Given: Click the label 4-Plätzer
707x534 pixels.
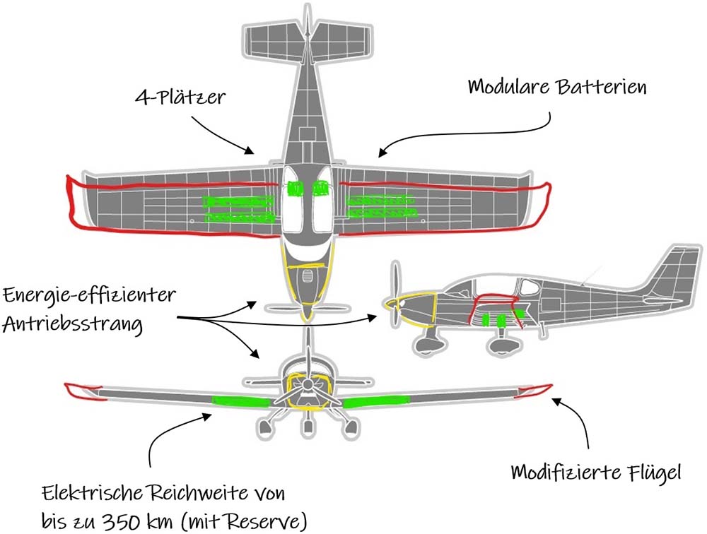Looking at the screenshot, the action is click(x=180, y=97).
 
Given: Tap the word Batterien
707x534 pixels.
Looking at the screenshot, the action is click(x=602, y=86).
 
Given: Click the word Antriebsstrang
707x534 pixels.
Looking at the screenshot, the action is click(x=73, y=324).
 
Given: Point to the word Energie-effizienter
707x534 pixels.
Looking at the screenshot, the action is click(x=89, y=296).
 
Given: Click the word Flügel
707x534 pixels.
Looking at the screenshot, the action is click(x=653, y=473).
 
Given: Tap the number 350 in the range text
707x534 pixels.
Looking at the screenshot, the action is click(x=122, y=521).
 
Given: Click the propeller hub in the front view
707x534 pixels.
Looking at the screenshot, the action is click(x=308, y=384).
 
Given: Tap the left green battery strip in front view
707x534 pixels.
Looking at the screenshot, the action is click(x=241, y=400).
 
